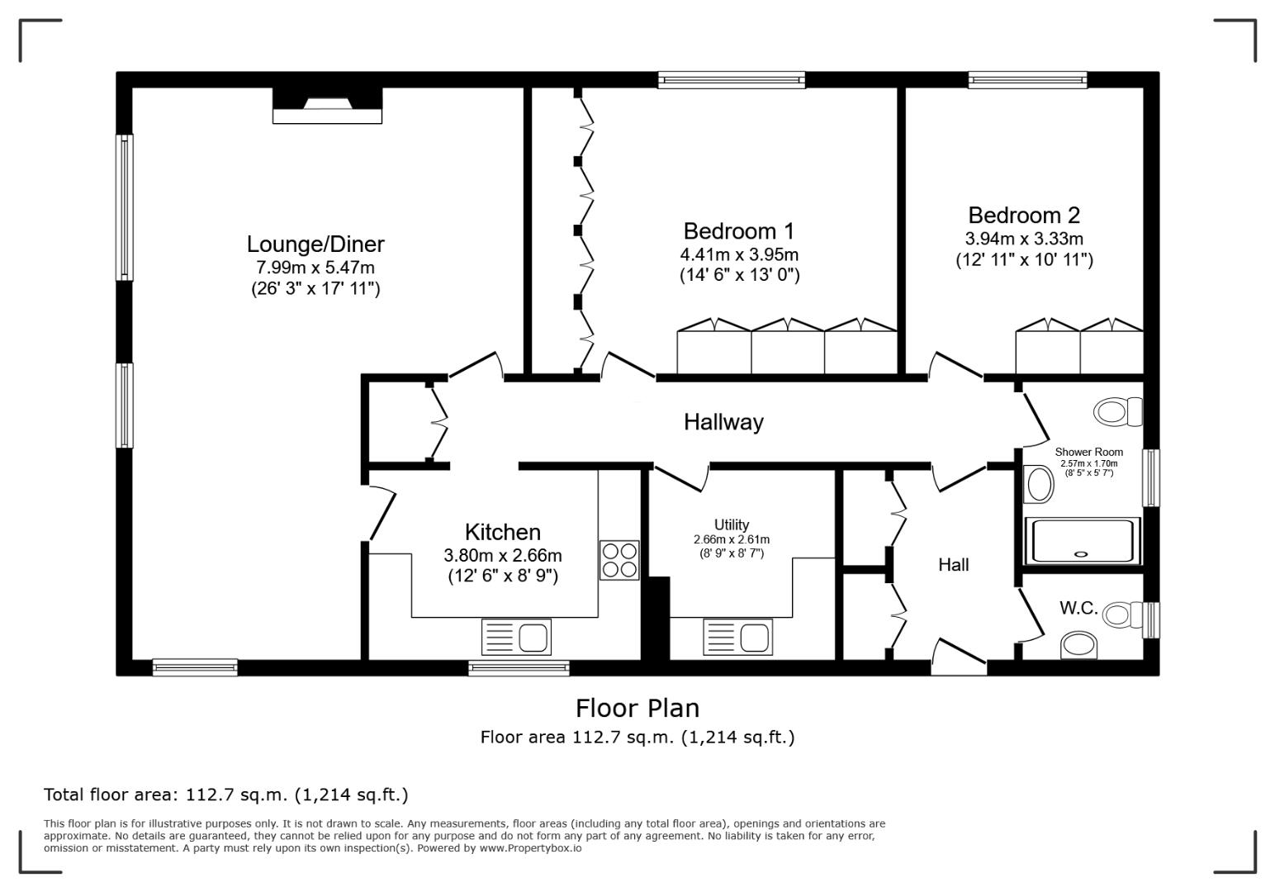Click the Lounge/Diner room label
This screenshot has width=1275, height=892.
tap(315, 244)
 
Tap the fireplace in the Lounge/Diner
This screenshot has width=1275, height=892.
tap(327, 106)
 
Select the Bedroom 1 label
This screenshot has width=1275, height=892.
tap(738, 231)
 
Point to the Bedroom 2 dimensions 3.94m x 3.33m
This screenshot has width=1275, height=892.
tap(1024, 240)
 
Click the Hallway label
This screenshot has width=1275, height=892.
tap(723, 422)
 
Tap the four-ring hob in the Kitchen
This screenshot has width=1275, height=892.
tap(619, 560)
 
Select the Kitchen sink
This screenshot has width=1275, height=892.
tap(516, 637)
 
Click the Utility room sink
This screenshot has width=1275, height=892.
tap(737, 637)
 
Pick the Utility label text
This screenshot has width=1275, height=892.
tap(732, 525)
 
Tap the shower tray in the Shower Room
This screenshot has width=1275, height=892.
tap(1082, 541)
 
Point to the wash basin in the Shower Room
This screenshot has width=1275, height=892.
tap(1037, 484)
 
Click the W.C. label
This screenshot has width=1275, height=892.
tap(1078, 609)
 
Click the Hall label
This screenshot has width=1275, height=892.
tap(953, 565)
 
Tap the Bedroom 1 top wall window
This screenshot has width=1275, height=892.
tap(731, 80)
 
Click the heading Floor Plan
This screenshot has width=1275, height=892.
tap(637, 708)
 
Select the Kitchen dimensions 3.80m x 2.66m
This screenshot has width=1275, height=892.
tap(502, 555)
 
